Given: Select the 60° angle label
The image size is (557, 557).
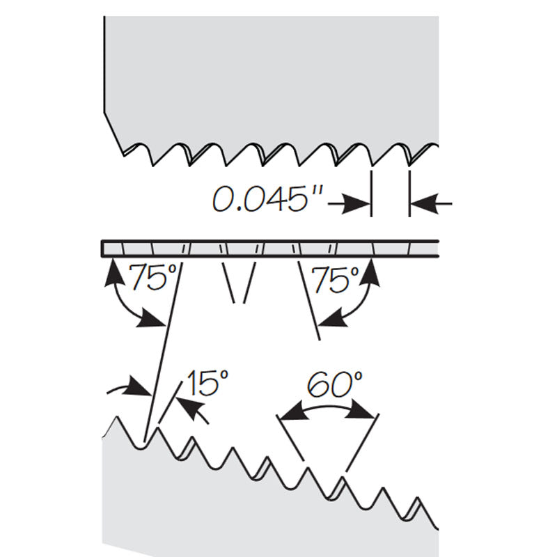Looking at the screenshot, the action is [335, 384].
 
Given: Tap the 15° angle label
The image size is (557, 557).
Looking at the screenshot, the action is [207, 382].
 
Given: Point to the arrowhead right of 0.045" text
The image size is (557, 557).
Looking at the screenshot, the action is [356, 204].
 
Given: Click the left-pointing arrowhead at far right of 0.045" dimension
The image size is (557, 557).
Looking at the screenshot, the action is [425, 204].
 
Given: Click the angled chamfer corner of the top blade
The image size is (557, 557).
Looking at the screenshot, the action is [104, 113].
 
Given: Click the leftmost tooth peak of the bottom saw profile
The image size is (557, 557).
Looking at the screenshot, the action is [116, 416].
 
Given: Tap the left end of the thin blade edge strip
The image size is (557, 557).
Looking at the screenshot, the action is [102, 249].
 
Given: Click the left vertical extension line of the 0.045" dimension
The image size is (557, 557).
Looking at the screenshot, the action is [371, 194].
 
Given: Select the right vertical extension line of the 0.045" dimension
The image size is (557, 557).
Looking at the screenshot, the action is [409, 194].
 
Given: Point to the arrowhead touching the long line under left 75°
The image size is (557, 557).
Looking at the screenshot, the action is [152, 319].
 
